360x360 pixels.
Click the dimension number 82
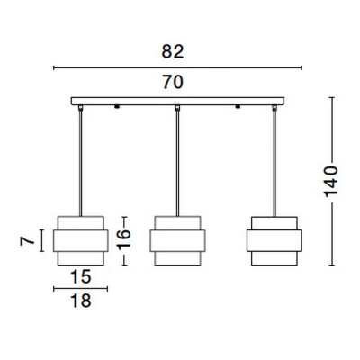[173, 51]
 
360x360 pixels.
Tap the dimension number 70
[173, 82]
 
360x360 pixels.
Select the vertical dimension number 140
[331, 181]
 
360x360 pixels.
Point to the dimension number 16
[124, 239]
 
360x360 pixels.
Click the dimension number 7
[25, 240]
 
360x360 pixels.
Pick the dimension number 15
[80, 276]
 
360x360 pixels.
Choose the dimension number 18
[80, 301]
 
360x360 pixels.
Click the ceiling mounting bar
[177, 101]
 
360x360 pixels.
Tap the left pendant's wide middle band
[80, 241]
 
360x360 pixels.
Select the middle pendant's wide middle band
[177, 241]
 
